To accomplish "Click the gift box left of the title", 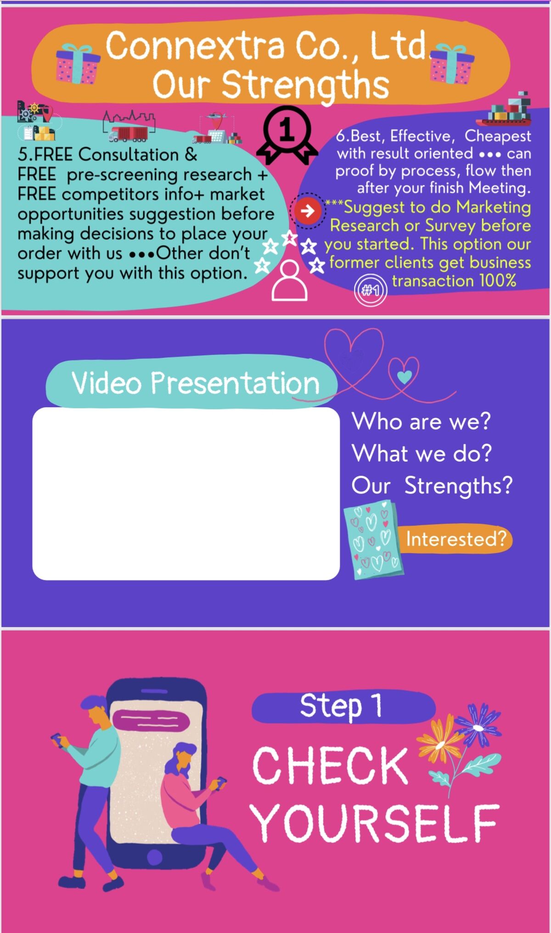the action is pos(77,64).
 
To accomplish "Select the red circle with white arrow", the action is pos(307,211).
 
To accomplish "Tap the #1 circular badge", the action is pos(370,290).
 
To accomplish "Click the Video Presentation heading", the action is pos(195,383).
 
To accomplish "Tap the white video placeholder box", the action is pos(186,493).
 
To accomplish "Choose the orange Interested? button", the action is pos(455,539).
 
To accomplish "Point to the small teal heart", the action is pos(404,377).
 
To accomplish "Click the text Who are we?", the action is pos(422,421).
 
